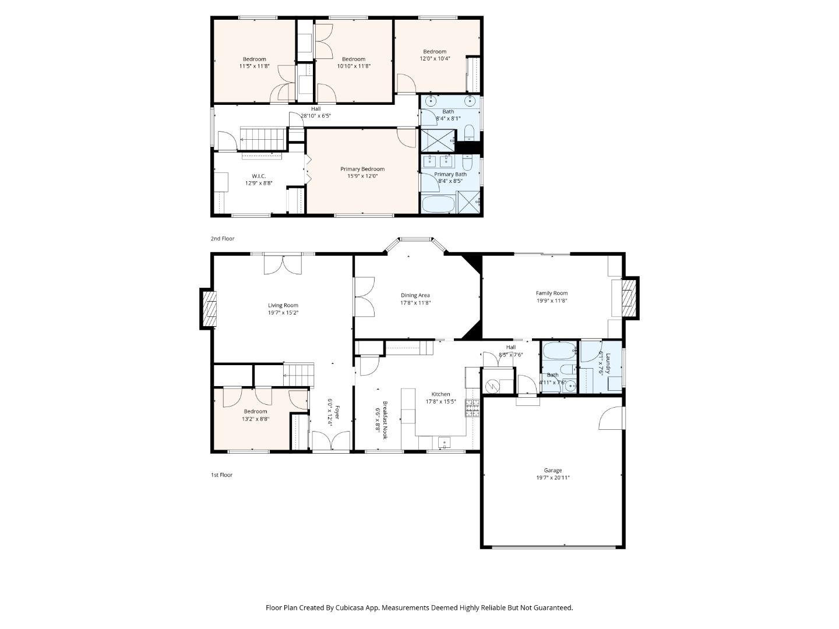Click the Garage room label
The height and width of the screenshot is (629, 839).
click(552, 470)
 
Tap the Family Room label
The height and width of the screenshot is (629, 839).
click(551, 293)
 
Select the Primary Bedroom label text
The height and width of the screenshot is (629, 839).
click(362, 169)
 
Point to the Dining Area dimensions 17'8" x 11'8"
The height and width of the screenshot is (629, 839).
click(415, 302)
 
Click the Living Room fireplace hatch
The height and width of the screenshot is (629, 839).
click(209, 309)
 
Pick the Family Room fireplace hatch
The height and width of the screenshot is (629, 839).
click(629, 298)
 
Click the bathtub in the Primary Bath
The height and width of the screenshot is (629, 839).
click(438, 204)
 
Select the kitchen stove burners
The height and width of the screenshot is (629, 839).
click(472, 408)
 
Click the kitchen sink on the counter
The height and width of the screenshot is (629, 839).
click(444, 442)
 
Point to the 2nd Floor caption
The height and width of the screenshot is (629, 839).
click(223, 238)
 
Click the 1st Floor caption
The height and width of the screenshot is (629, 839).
click(222, 475)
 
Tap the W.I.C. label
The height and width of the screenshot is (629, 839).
click(258, 176)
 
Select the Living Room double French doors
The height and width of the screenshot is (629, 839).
click(283, 264)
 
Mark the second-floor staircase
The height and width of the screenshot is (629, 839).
click(263, 139)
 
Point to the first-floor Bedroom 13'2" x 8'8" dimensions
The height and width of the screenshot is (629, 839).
click(255, 419)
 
